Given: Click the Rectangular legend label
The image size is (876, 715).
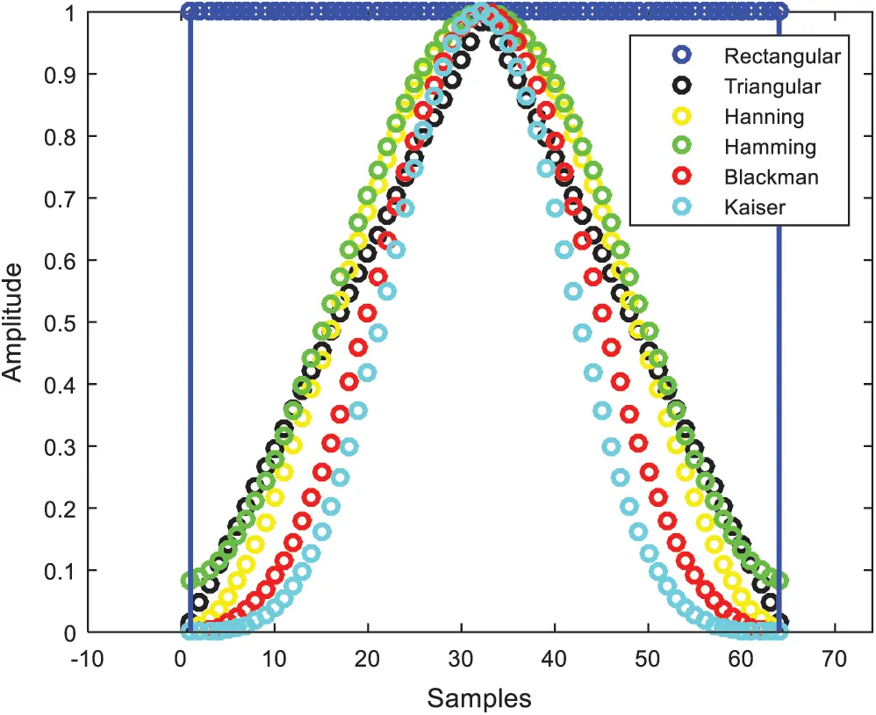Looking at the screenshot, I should click(x=782, y=56).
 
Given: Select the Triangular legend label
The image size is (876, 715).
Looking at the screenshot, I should click(x=772, y=86).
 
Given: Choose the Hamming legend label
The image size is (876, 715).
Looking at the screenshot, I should click(x=770, y=147).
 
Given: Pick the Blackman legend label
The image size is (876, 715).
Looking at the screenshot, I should click(x=771, y=177).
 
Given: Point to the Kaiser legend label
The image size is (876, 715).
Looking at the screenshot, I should click(x=756, y=207).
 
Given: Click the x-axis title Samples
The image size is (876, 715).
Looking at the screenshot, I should click(x=478, y=698).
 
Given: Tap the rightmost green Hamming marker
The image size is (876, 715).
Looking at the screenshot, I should click(x=779, y=580).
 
